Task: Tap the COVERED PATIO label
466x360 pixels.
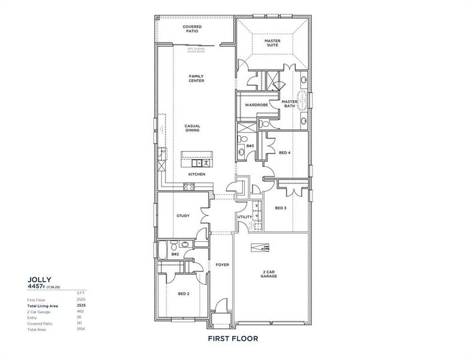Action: click(x=193, y=30)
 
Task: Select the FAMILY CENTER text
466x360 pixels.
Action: click(x=196, y=79)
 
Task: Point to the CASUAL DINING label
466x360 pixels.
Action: click(x=193, y=128)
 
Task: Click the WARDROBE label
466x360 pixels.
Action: click(x=256, y=105)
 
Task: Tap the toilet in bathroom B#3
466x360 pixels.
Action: click(x=241, y=152)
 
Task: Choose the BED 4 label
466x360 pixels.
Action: click(x=285, y=152)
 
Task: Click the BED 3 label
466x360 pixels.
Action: click(x=281, y=208)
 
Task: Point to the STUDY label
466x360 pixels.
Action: click(x=183, y=216)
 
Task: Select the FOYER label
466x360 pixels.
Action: click(x=221, y=264)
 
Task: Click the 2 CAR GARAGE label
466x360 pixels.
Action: click(x=269, y=274)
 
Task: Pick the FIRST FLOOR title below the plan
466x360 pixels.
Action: click(x=233, y=339)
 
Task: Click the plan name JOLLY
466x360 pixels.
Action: click(x=40, y=279)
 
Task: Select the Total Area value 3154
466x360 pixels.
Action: click(x=81, y=329)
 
